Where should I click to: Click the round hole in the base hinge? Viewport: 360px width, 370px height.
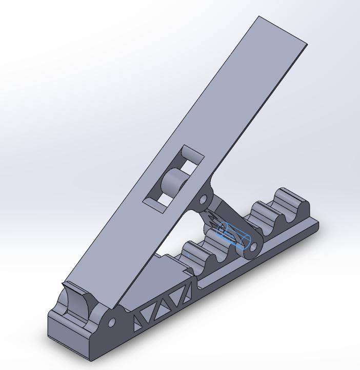point(111,323)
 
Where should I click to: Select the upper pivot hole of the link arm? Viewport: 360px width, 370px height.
point(203,199)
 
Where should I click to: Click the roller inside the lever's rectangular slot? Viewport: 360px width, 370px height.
point(174,182)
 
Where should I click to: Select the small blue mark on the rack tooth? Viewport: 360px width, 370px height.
point(188,254)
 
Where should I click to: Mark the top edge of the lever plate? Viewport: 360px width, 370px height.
point(283,30)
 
